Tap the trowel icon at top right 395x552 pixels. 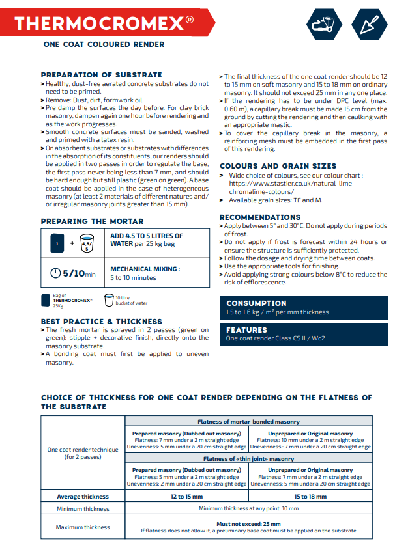tap(369, 25)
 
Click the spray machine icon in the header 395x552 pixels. tap(324, 25)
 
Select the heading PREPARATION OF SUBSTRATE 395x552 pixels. tap(101, 75)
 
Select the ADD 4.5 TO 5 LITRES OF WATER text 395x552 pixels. tap(147, 240)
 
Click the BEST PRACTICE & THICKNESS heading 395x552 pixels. tap(101, 322)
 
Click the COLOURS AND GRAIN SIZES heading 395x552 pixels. tap(278, 166)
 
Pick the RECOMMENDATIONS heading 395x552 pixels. tap(260, 217)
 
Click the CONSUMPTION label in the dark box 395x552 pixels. tap(256, 303)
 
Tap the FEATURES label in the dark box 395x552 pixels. tap(246, 330)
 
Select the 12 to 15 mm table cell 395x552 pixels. tap(186, 497)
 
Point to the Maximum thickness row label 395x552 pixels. tap(83, 527)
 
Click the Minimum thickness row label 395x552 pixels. tap(83, 509)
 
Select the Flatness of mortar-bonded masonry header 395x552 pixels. tap(248, 422)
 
